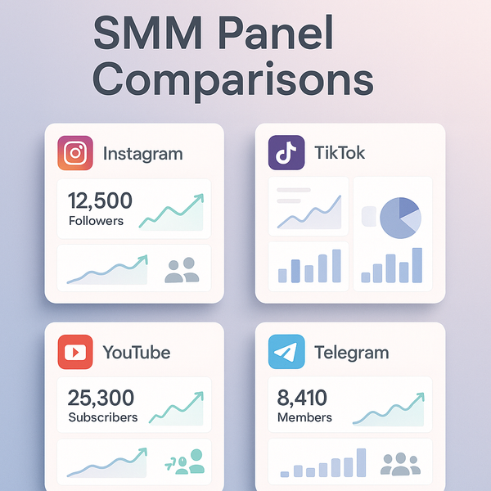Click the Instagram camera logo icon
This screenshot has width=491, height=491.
[75, 153]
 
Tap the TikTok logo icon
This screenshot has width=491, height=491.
[286, 153]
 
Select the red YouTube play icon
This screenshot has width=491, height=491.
[75, 352]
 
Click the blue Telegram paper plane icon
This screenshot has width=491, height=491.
[286, 352]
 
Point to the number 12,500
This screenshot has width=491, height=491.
[100, 200]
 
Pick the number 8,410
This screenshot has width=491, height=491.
[302, 399]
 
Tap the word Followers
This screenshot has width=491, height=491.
[97, 221]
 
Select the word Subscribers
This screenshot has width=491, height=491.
[103, 417]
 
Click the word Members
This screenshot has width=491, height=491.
[304, 417]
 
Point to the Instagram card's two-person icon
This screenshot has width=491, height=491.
[182, 271]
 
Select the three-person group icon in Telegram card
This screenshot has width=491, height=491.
[399, 464]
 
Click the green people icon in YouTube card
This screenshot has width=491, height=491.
[187, 462]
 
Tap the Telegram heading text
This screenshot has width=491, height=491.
[351, 354]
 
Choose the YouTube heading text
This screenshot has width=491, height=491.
[137, 353]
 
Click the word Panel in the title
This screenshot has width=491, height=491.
[278, 34]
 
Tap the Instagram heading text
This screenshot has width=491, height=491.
[142, 154]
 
